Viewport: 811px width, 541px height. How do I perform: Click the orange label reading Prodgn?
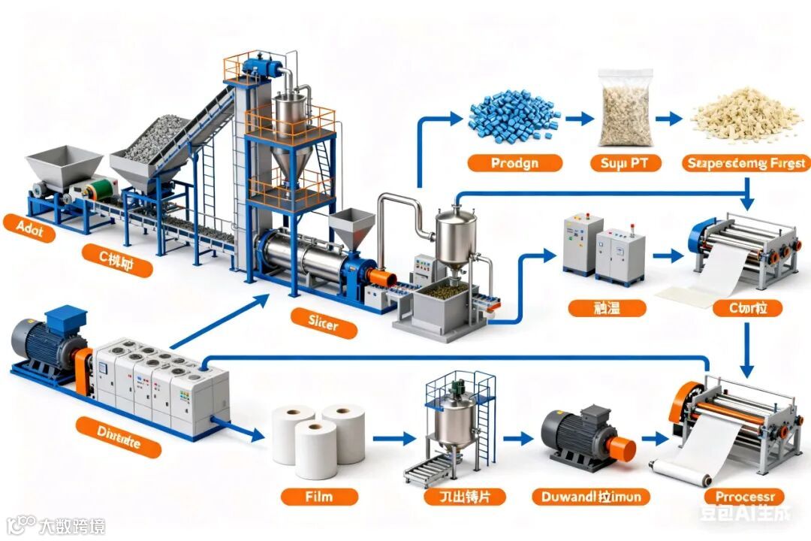click(514, 163)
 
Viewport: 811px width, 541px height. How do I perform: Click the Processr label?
click(744, 497)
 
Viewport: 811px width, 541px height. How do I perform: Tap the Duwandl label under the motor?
click(590, 496)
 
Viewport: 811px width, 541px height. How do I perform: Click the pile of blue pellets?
click(514, 116)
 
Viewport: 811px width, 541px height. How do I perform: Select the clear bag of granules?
click(625, 107)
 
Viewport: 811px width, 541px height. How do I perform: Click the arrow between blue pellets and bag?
click(578, 118)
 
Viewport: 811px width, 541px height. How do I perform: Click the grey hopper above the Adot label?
click(64, 165)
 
